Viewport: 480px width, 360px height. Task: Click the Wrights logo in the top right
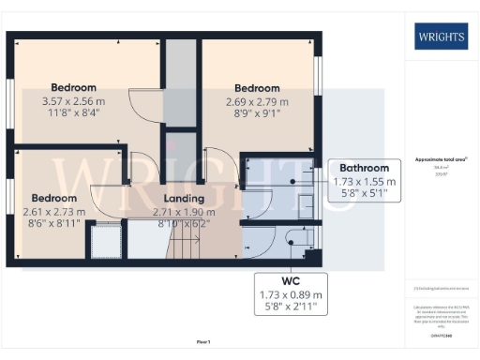click(x=442, y=37)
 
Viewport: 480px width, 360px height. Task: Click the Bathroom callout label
click(x=366, y=168)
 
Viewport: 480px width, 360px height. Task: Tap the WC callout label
click(x=290, y=280)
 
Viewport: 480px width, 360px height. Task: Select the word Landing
click(x=185, y=199)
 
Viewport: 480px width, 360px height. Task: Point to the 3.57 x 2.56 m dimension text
click(x=76, y=101)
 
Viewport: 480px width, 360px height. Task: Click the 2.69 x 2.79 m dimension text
click(x=258, y=101)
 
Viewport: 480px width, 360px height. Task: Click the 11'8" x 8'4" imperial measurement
click(x=76, y=113)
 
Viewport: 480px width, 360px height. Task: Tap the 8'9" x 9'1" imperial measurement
click(x=258, y=113)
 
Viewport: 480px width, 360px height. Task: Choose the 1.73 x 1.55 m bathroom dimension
click(x=366, y=181)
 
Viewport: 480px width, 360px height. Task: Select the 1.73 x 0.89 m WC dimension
click(x=290, y=294)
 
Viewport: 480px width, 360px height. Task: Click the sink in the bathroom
click(x=305, y=182)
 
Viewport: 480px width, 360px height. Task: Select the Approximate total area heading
click(x=441, y=158)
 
